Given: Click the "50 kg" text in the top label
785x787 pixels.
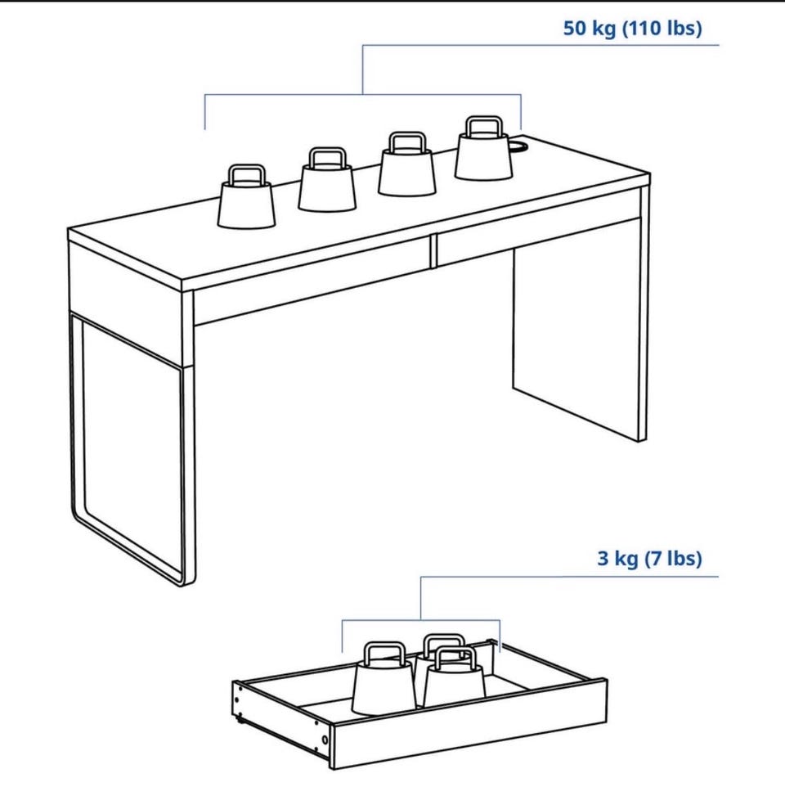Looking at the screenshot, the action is [x=590, y=28].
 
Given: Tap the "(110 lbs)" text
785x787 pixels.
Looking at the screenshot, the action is [x=662, y=28].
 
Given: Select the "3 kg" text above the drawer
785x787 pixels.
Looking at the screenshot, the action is [x=617, y=558].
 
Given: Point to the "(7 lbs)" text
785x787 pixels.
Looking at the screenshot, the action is [x=673, y=558].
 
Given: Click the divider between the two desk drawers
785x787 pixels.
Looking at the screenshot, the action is [x=433, y=251].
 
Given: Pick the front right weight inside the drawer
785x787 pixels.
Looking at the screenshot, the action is [x=455, y=677].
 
